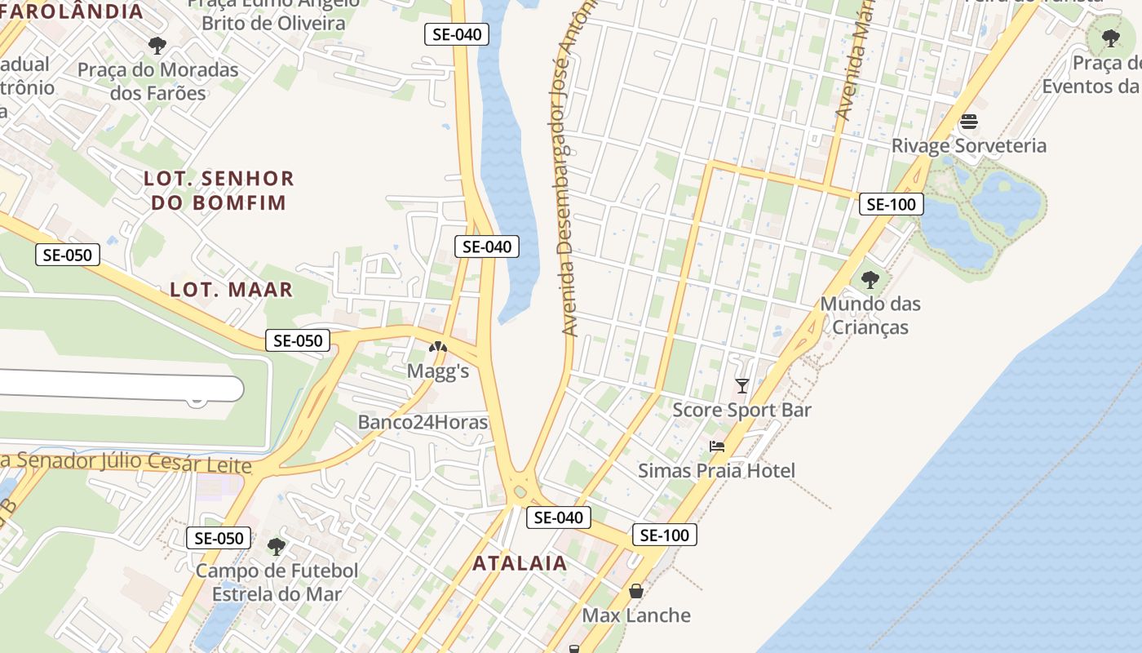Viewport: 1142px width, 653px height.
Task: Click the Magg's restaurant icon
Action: [x=438, y=347]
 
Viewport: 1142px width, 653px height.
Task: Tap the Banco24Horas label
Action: [x=423, y=422]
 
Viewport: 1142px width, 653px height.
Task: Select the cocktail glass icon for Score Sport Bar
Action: [x=741, y=385]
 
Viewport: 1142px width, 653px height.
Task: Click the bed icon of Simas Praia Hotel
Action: [x=717, y=446]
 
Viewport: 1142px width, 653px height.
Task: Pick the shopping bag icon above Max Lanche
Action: [x=636, y=591]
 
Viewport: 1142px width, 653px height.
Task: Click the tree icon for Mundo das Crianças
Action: [x=870, y=280]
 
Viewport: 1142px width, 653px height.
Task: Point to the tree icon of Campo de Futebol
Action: [x=277, y=546]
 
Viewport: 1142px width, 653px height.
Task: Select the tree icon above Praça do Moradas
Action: [x=157, y=46]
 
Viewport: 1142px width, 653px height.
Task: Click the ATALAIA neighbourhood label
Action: [x=520, y=563]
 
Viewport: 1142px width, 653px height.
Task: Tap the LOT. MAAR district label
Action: [x=231, y=290]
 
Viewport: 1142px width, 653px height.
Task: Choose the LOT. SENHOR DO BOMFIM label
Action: [x=219, y=190]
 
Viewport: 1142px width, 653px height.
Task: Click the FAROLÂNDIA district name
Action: [x=73, y=11]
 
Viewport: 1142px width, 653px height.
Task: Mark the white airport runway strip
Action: [x=122, y=389]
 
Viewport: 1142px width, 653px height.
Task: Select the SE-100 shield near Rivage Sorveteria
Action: [x=891, y=204]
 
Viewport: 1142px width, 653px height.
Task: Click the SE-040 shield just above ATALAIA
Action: [x=559, y=518]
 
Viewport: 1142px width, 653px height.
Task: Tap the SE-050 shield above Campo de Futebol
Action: [x=219, y=538]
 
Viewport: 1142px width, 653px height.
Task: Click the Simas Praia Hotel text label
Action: [x=716, y=471]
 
